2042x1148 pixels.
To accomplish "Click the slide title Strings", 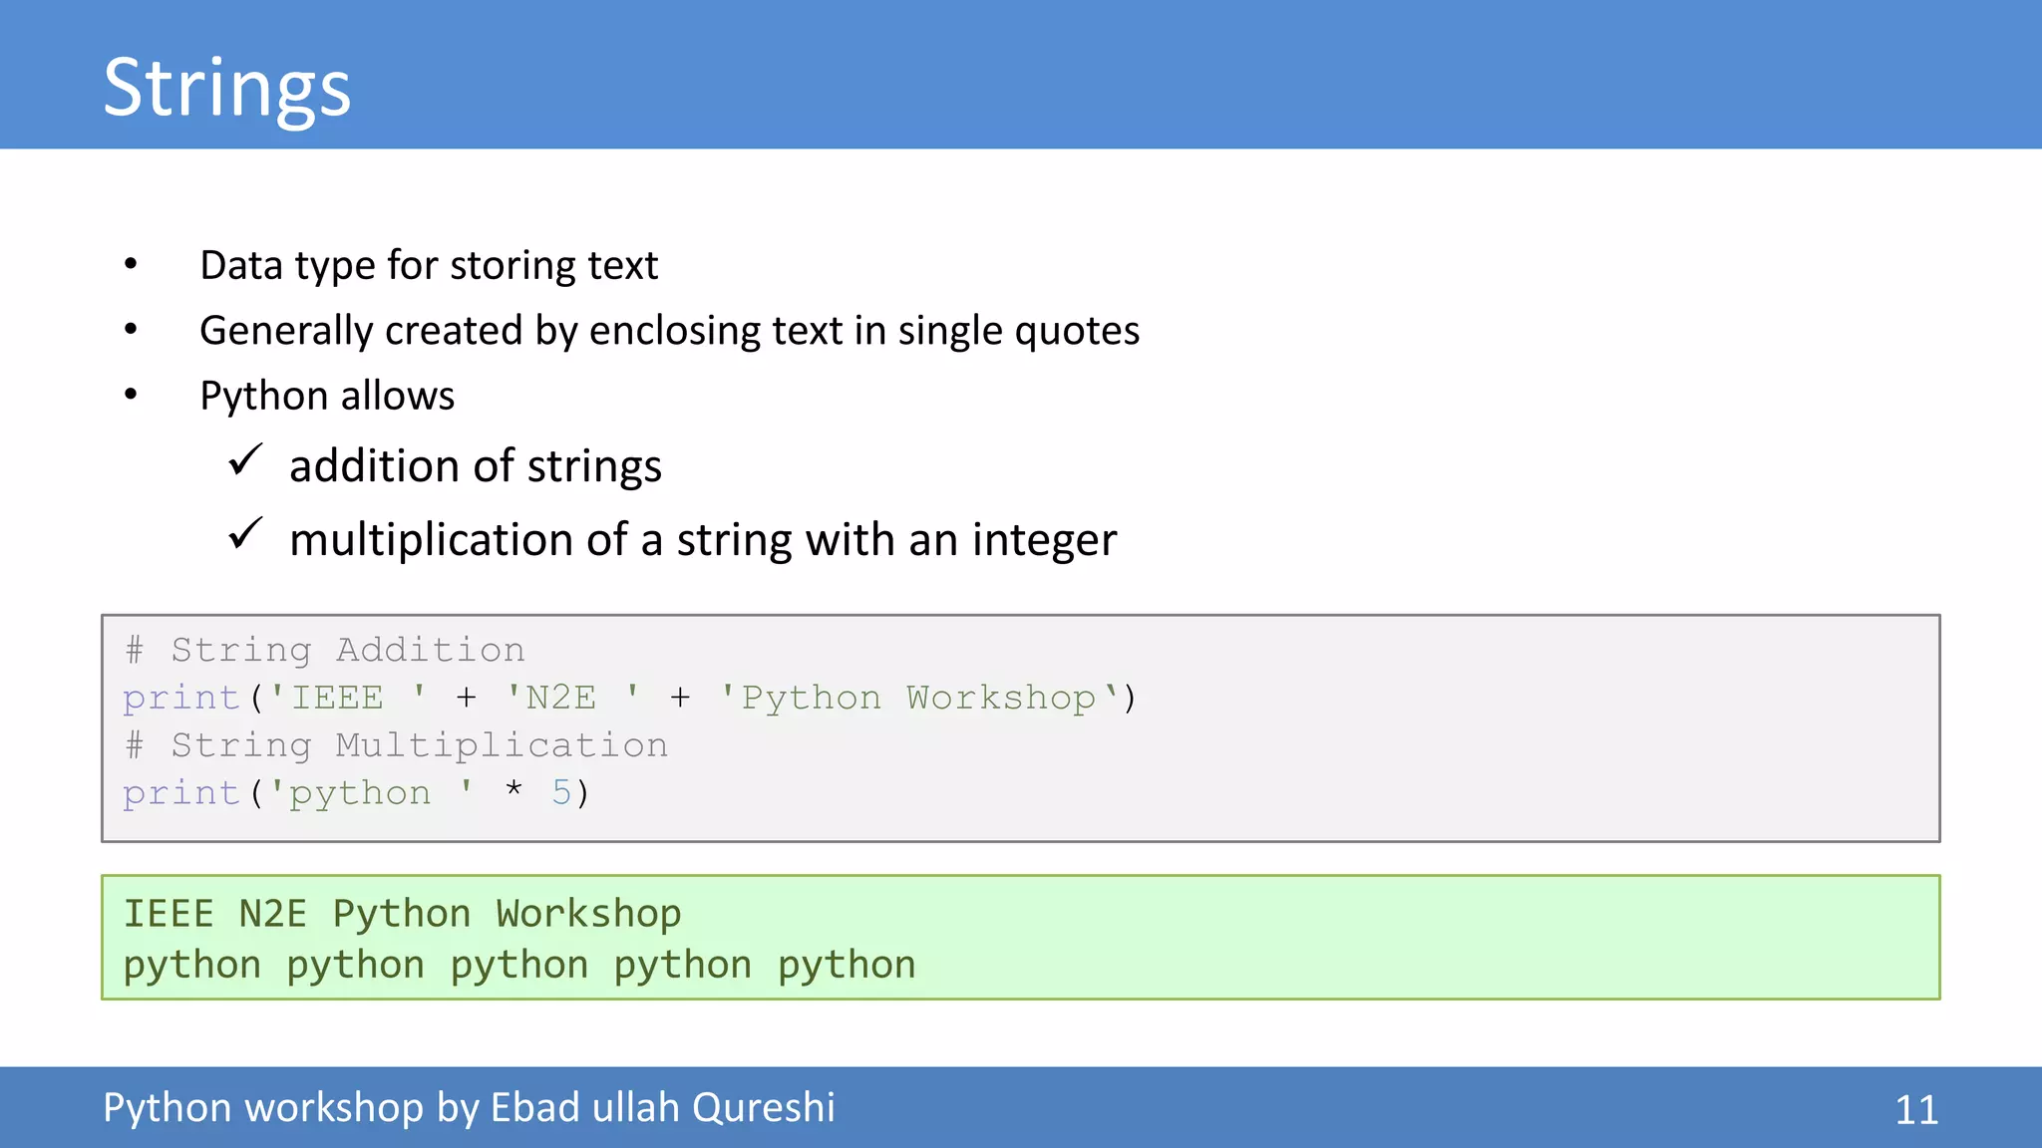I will (226, 88).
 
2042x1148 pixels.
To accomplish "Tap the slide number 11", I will (1915, 1110).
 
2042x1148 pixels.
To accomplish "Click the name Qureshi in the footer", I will (763, 1107).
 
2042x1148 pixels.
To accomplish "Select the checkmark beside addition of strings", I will (245, 461).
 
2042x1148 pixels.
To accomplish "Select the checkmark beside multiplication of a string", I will (245, 534).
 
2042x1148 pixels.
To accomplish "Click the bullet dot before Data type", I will (131, 264).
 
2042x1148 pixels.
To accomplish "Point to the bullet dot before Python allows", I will (131, 395).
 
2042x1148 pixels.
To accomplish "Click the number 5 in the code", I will (561, 793).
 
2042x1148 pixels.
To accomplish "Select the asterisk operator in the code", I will (513, 791).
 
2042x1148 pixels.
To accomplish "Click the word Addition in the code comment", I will (430, 650).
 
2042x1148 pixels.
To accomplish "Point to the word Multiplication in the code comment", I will (502, 745).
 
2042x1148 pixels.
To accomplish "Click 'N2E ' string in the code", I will (571, 698).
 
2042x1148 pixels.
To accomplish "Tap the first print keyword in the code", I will (181, 698).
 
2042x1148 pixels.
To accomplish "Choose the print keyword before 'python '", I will (181, 793).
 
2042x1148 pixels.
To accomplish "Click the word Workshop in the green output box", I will (588, 914).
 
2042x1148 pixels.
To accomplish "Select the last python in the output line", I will (846, 966).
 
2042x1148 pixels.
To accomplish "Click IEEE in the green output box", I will (169, 914).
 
